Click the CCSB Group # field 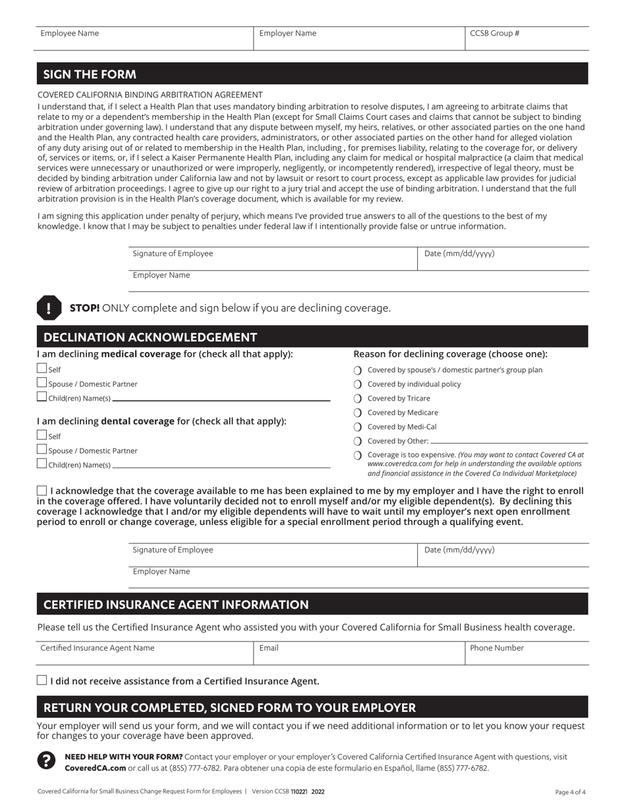pyautogui.click(x=527, y=38)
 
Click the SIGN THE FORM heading pyautogui.click(x=90, y=74)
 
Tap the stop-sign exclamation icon pyautogui.click(x=49, y=308)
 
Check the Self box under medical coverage pyautogui.click(x=42, y=369)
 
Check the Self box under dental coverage pyautogui.click(x=42, y=435)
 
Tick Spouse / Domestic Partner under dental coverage pyautogui.click(x=42, y=450)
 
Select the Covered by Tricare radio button pyautogui.click(x=358, y=398)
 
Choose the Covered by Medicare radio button pyautogui.click(x=358, y=413)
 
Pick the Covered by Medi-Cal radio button pyautogui.click(x=358, y=427)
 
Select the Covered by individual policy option pyautogui.click(x=358, y=385)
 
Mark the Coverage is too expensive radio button pyautogui.click(x=358, y=455)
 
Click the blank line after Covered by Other pyautogui.click(x=507, y=441)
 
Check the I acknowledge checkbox pyautogui.click(x=42, y=491)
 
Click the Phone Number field pyautogui.click(x=527, y=653)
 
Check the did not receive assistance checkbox pyautogui.click(x=42, y=681)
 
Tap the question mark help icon pyautogui.click(x=46, y=761)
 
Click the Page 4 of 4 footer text pyautogui.click(x=570, y=792)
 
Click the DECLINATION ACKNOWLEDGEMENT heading pyautogui.click(x=150, y=337)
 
